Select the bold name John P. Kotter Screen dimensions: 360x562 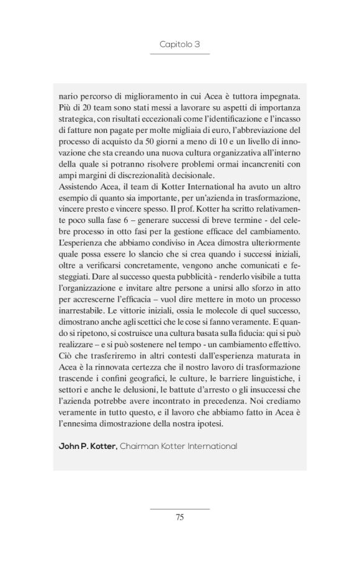(x=87, y=446)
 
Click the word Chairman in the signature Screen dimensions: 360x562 (x=141, y=446)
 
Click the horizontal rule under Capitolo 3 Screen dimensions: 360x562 (x=179, y=55)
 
